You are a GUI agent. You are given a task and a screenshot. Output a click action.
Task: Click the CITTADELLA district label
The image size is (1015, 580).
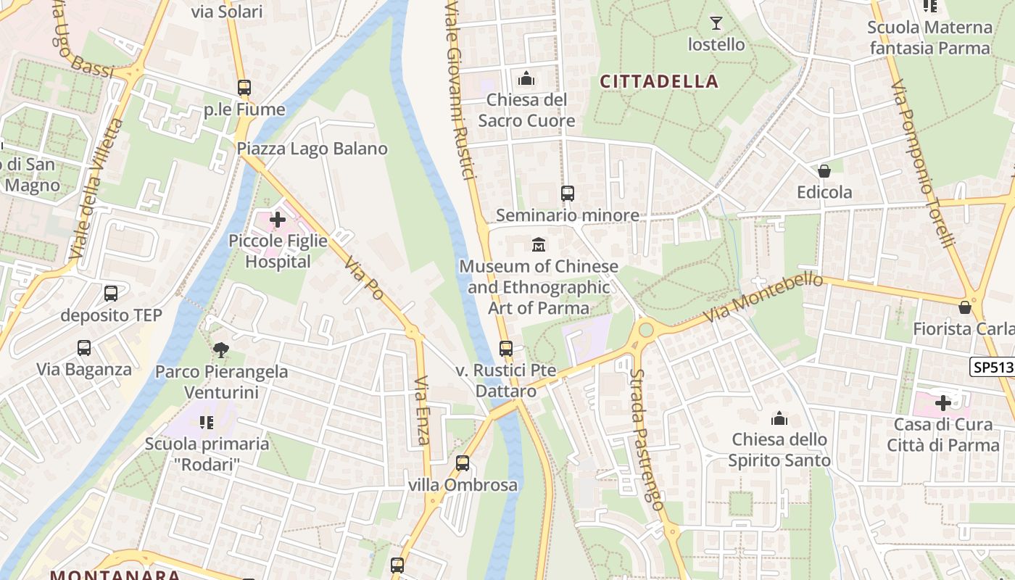(x=659, y=81)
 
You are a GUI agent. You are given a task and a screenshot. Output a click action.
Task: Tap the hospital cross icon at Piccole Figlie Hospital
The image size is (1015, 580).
(x=278, y=219)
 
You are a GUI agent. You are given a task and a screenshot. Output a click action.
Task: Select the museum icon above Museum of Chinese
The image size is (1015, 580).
(x=539, y=245)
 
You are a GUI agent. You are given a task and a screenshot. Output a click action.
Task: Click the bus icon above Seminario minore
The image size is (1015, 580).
(x=567, y=194)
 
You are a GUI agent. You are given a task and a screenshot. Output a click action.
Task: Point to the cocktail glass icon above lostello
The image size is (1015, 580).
(x=716, y=23)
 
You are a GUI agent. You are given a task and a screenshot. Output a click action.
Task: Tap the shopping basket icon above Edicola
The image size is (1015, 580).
(x=824, y=171)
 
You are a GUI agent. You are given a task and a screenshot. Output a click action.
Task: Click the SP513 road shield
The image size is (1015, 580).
(x=992, y=367)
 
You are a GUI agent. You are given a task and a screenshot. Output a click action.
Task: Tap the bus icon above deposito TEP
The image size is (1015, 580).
(x=111, y=294)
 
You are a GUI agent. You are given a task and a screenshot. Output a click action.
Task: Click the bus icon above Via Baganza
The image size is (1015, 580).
(x=84, y=348)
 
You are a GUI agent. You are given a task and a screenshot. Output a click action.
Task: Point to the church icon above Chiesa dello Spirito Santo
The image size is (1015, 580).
(x=779, y=418)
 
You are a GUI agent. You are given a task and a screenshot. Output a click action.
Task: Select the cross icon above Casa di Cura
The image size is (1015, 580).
(x=943, y=402)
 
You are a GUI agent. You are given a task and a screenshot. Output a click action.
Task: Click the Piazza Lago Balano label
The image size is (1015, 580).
(x=312, y=149)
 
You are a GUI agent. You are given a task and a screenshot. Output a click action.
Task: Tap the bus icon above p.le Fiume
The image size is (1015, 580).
(x=244, y=88)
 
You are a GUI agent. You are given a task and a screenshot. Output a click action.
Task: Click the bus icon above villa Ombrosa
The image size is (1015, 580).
(x=463, y=463)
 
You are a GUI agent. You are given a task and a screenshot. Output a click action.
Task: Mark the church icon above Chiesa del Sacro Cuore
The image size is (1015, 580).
(x=526, y=78)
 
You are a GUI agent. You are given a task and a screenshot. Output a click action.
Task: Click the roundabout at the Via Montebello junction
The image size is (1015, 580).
(x=645, y=330)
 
